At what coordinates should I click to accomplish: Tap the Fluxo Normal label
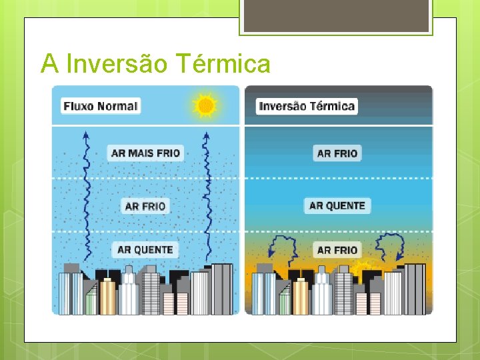[x=101, y=106]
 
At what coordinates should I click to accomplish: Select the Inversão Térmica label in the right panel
[x=307, y=106]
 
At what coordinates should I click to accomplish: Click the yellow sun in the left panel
[x=205, y=105]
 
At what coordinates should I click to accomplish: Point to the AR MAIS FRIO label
[x=145, y=153]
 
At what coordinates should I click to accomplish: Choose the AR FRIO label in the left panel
[x=145, y=206]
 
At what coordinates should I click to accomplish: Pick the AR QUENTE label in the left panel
[x=145, y=250]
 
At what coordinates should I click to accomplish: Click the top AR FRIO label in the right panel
[x=337, y=153]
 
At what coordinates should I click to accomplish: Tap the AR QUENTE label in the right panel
[x=337, y=206]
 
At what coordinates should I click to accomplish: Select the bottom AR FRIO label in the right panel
[x=337, y=250]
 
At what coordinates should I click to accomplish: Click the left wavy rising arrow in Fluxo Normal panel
[x=85, y=193]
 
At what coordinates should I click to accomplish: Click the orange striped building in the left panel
[x=107, y=297]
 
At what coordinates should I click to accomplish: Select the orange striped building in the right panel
[x=301, y=297]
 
